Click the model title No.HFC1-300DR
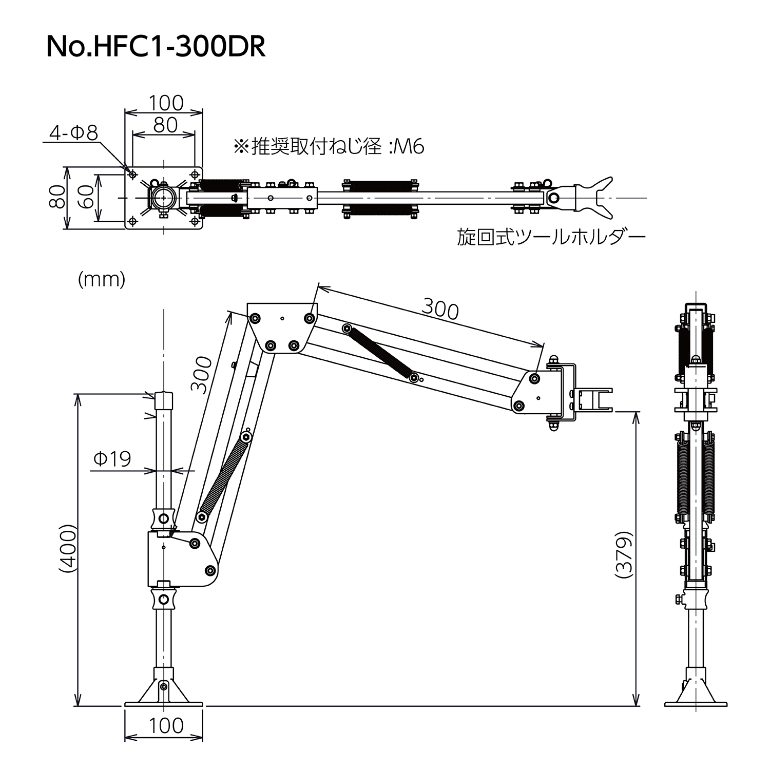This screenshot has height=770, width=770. point(156,47)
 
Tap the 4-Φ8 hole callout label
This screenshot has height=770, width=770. point(73,133)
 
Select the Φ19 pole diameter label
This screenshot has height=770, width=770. point(112,458)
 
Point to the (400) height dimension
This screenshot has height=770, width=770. point(67,548)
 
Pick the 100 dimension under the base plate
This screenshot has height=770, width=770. point(165,725)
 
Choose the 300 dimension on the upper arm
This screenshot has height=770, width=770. point(440,309)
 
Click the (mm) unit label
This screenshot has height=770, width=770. point(102,279)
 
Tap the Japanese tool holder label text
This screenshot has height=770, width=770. point(551,237)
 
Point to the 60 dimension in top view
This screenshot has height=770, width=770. point(88,197)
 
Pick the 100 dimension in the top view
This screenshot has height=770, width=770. point(165,103)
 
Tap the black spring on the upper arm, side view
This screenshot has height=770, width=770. point(379,354)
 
